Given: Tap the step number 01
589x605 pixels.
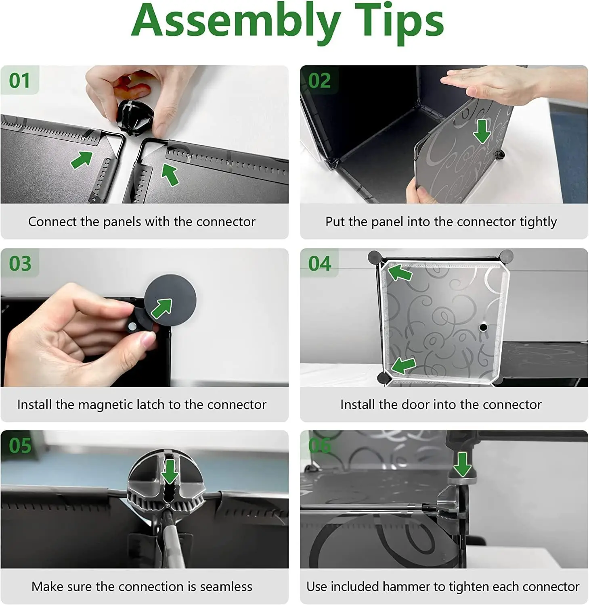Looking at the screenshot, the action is pyautogui.click(x=19, y=81).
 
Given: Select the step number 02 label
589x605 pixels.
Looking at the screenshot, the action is pyautogui.click(x=319, y=81).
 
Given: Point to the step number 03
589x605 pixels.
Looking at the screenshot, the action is pyautogui.click(x=20, y=264).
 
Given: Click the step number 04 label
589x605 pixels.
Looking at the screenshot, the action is pyautogui.click(x=320, y=264).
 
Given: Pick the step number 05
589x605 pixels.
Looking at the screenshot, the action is pyautogui.click(x=20, y=446).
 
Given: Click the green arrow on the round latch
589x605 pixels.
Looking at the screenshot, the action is pyautogui.click(x=162, y=309).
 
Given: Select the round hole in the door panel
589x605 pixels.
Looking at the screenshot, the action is pyautogui.click(x=483, y=327).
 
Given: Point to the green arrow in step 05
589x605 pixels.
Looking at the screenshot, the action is pyautogui.click(x=170, y=471).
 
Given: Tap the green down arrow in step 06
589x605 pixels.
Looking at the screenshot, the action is pyautogui.click(x=462, y=464).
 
